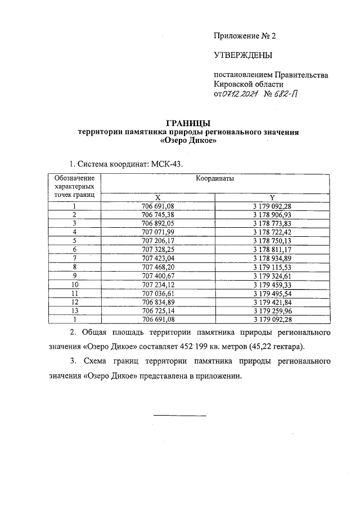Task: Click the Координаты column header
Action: (215, 178)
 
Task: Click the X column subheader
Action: (158, 197)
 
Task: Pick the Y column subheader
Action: (272, 197)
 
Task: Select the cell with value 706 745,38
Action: (158, 215)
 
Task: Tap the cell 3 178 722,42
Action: (272, 232)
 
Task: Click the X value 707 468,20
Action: (158, 266)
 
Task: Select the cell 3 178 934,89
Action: (272, 258)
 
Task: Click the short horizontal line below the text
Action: (180, 416)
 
